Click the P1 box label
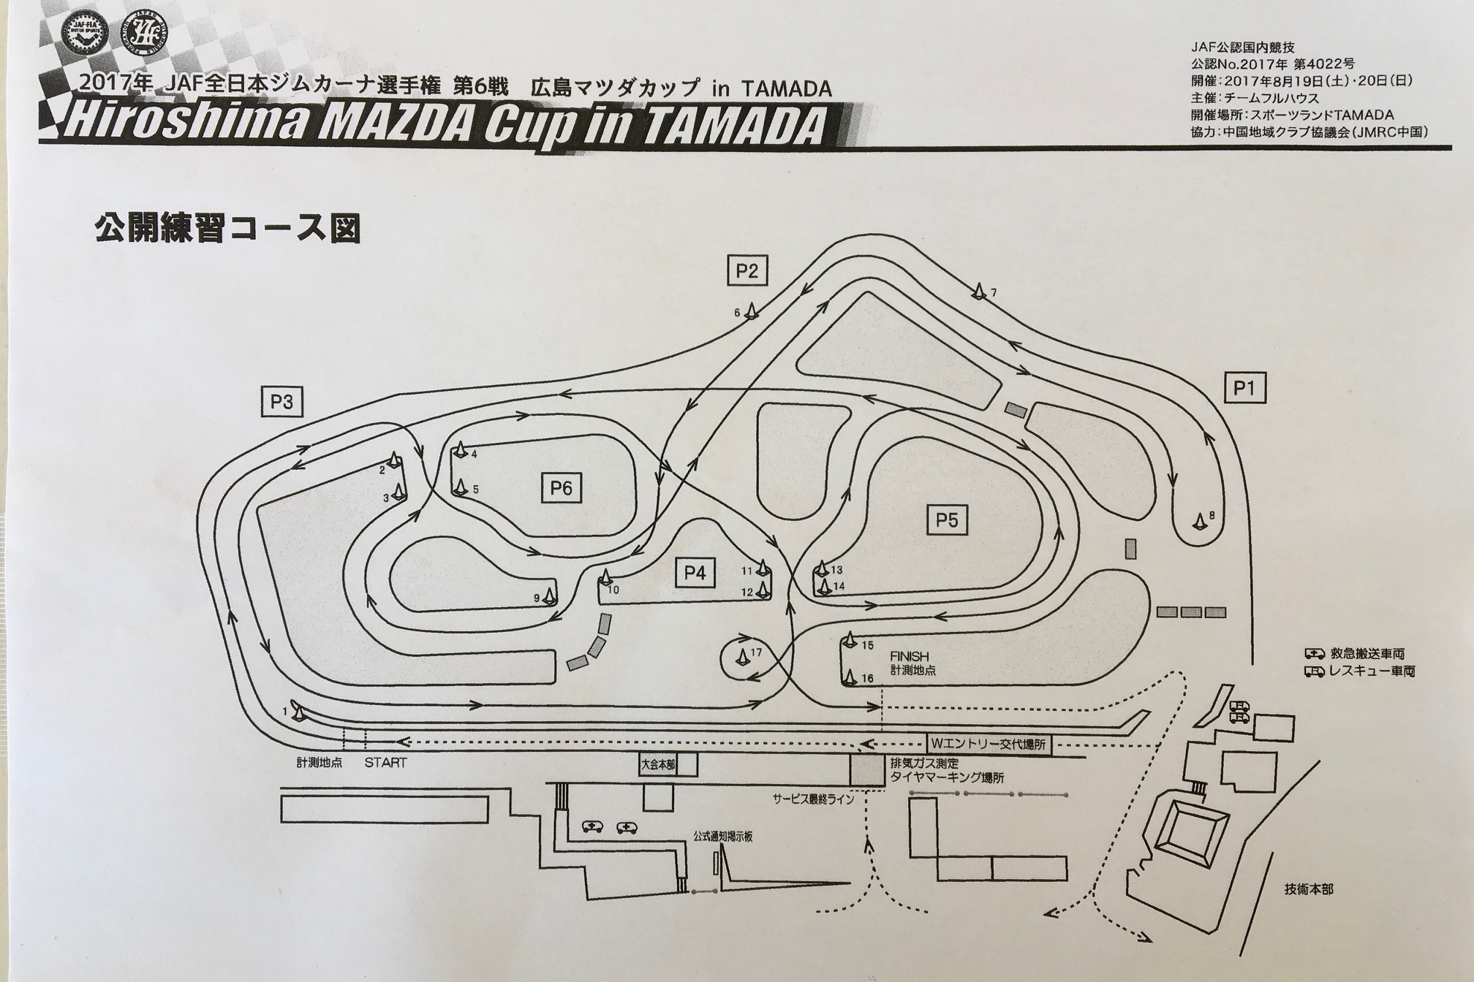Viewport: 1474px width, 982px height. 1244,388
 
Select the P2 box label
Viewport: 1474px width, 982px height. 747,272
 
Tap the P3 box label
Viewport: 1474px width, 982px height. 281,402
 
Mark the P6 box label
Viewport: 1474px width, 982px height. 561,487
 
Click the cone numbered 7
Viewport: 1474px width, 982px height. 979,292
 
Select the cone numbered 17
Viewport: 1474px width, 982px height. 742,656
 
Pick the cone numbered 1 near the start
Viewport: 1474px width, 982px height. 297,710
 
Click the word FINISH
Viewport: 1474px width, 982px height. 909,656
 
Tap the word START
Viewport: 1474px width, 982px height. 385,762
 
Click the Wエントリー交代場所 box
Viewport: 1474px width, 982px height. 989,745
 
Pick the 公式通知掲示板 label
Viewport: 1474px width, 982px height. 723,837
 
